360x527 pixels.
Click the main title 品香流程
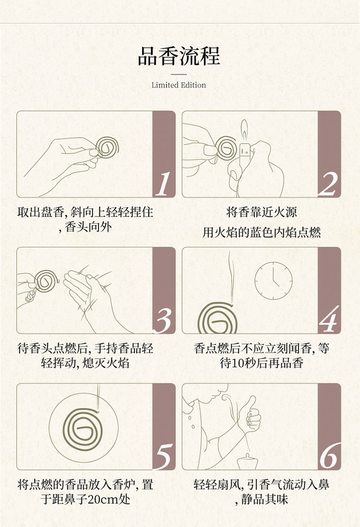click(179, 56)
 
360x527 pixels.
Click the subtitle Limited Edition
click(179, 85)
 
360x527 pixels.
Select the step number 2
click(328, 183)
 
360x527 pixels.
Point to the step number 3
click(164, 320)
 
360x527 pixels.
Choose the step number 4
click(328, 320)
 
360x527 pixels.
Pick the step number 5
click(164, 456)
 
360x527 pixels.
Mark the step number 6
click(329, 456)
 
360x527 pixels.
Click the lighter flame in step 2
click(244, 129)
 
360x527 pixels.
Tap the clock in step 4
click(273, 281)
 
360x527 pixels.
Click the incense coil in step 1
click(108, 147)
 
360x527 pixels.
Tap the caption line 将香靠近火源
click(262, 213)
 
